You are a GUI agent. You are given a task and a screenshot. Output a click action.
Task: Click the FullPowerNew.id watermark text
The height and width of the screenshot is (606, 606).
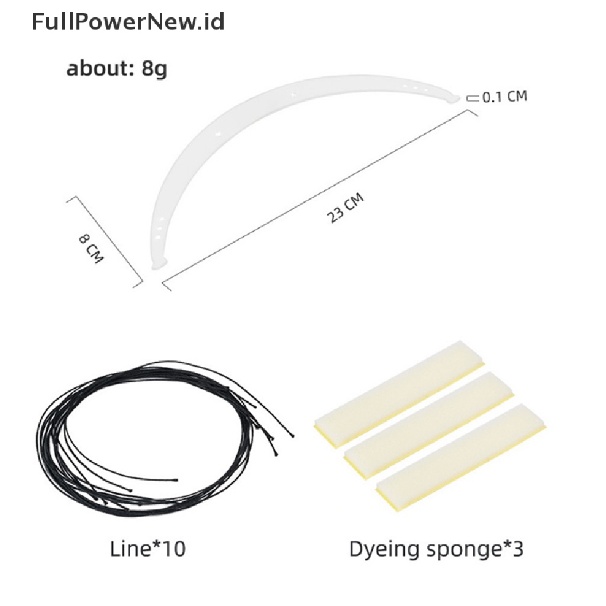click(x=128, y=22)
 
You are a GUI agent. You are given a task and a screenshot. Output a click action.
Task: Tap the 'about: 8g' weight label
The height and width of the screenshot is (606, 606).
click(x=117, y=69)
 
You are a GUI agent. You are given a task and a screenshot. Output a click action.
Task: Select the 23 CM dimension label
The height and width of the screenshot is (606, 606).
click(x=346, y=208)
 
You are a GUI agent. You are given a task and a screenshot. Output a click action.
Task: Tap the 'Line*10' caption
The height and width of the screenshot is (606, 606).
click(x=147, y=549)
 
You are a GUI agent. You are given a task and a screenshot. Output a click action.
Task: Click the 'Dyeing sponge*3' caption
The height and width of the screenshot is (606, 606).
click(x=436, y=549)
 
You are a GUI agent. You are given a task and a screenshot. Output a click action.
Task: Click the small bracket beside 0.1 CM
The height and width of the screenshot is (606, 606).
click(x=472, y=98)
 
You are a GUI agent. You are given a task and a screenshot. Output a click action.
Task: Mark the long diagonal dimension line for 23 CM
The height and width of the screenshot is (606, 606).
click(x=320, y=198)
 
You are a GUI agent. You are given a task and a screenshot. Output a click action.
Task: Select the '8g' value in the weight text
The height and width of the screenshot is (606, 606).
click(x=155, y=70)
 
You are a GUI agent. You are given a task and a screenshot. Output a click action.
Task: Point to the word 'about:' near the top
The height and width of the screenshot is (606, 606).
click(x=101, y=69)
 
